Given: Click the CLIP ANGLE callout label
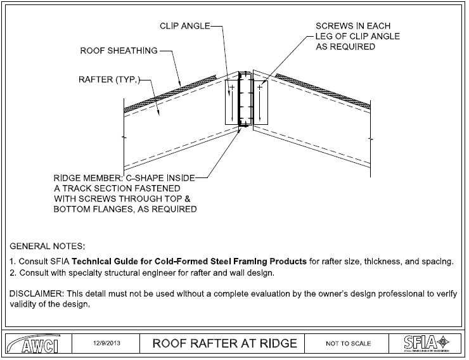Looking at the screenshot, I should [184, 26].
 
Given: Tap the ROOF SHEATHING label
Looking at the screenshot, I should [119, 50].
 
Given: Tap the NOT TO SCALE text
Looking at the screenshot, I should [348, 344].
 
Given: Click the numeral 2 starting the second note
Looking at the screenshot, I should [12, 273].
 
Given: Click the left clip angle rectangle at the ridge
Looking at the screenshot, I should [232, 101].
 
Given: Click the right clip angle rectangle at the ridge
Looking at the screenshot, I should [261, 101].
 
